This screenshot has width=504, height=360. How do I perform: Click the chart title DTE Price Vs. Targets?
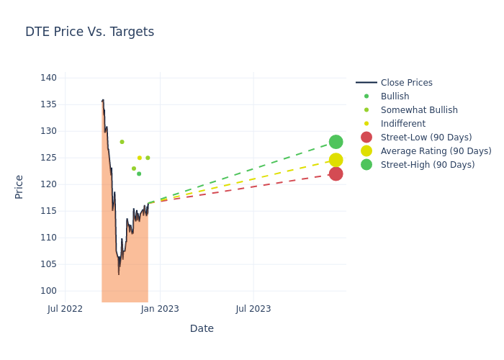click(x=89, y=32)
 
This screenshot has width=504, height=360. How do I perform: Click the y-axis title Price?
click(x=19, y=186)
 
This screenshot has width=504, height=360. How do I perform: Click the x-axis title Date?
click(x=202, y=328)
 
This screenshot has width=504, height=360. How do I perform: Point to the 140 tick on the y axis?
click(x=48, y=78)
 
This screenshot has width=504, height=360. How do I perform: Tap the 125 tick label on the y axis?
click(x=48, y=158)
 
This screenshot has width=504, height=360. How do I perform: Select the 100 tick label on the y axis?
click(x=48, y=291)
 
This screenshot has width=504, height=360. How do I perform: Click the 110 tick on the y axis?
click(x=48, y=238)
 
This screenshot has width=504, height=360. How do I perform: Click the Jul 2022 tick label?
click(x=65, y=309)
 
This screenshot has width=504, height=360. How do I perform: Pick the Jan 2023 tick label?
click(x=160, y=309)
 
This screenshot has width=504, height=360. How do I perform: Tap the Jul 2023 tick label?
click(x=253, y=309)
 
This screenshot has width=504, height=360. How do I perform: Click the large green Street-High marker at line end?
click(x=336, y=142)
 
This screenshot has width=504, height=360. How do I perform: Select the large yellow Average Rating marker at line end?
click(x=336, y=160)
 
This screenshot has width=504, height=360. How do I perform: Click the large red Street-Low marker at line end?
click(x=336, y=174)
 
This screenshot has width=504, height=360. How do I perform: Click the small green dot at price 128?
click(x=122, y=142)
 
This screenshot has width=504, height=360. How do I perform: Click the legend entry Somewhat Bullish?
click(x=419, y=110)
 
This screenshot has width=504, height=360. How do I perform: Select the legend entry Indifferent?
click(x=402, y=124)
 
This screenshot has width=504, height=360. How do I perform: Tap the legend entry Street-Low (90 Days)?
click(x=426, y=138)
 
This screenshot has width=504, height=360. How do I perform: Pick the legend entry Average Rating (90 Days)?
click(x=436, y=151)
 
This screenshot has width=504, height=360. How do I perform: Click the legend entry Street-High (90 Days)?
click(x=427, y=165)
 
